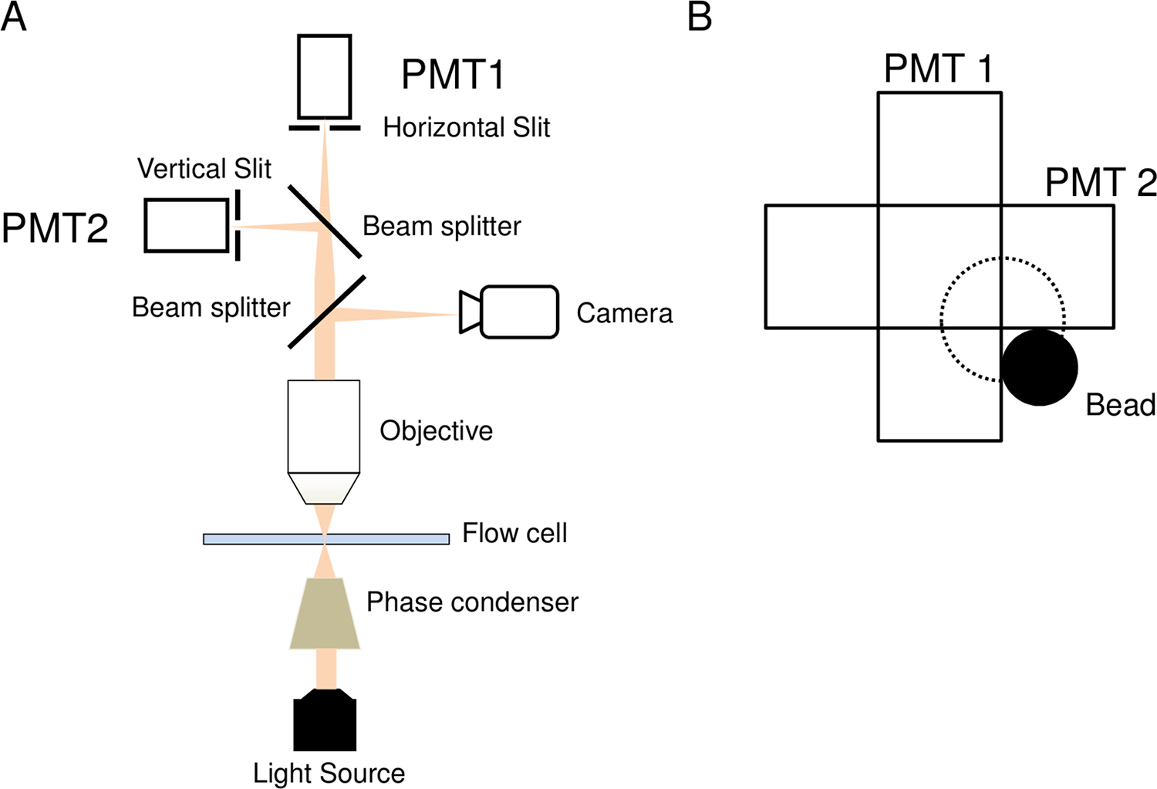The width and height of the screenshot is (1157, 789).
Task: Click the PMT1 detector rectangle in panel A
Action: (x=325, y=76)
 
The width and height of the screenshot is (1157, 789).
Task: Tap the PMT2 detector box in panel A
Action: (x=186, y=225)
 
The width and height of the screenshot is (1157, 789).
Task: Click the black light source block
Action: (x=325, y=721)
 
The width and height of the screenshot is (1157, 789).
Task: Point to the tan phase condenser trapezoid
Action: (x=325, y=613)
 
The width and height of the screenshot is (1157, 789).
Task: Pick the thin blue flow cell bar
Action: (x=326, y=539)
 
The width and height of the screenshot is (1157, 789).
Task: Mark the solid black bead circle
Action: (x=1039, y=367)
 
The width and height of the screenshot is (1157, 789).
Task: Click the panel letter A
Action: (x=14, y=16)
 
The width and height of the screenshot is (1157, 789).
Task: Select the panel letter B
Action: (x=699, y=16)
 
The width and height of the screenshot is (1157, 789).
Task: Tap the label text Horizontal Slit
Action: (x=467, y=127)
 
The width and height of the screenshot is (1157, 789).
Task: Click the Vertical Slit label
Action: (x=204, y=169)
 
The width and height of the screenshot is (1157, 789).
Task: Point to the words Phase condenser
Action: (x=472, y=602)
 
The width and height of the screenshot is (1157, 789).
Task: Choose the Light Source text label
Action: (x=329, y=773)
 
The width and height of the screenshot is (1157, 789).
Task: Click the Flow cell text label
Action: (x=514, y=533)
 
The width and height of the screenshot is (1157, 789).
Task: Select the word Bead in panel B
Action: (x=1120, y=405)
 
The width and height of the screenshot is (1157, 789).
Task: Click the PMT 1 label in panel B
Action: (x=938, y=69)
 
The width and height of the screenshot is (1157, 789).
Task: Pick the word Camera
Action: (x=624, y=313)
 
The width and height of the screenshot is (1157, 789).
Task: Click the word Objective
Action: (x=436, y=430)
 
